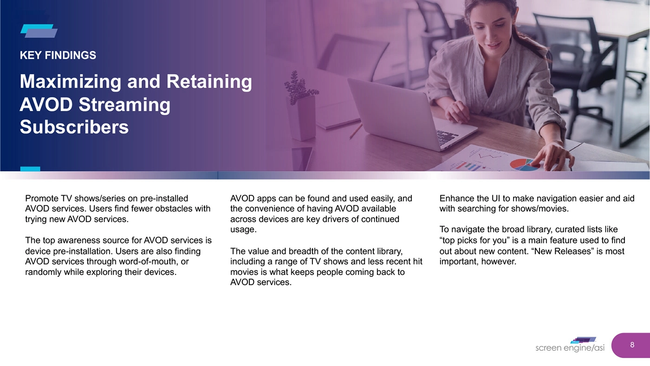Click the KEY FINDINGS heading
point(58,55)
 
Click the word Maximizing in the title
point(71,82)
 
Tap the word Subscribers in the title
point(74,127)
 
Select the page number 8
point(632,345)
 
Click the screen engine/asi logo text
point(570,348)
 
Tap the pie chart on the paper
point(524,164)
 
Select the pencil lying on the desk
point(356,131)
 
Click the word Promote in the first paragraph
point(42,198)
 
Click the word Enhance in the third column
point(457,198)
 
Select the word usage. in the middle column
point(243,229)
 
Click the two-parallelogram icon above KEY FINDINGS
point(39,31)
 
